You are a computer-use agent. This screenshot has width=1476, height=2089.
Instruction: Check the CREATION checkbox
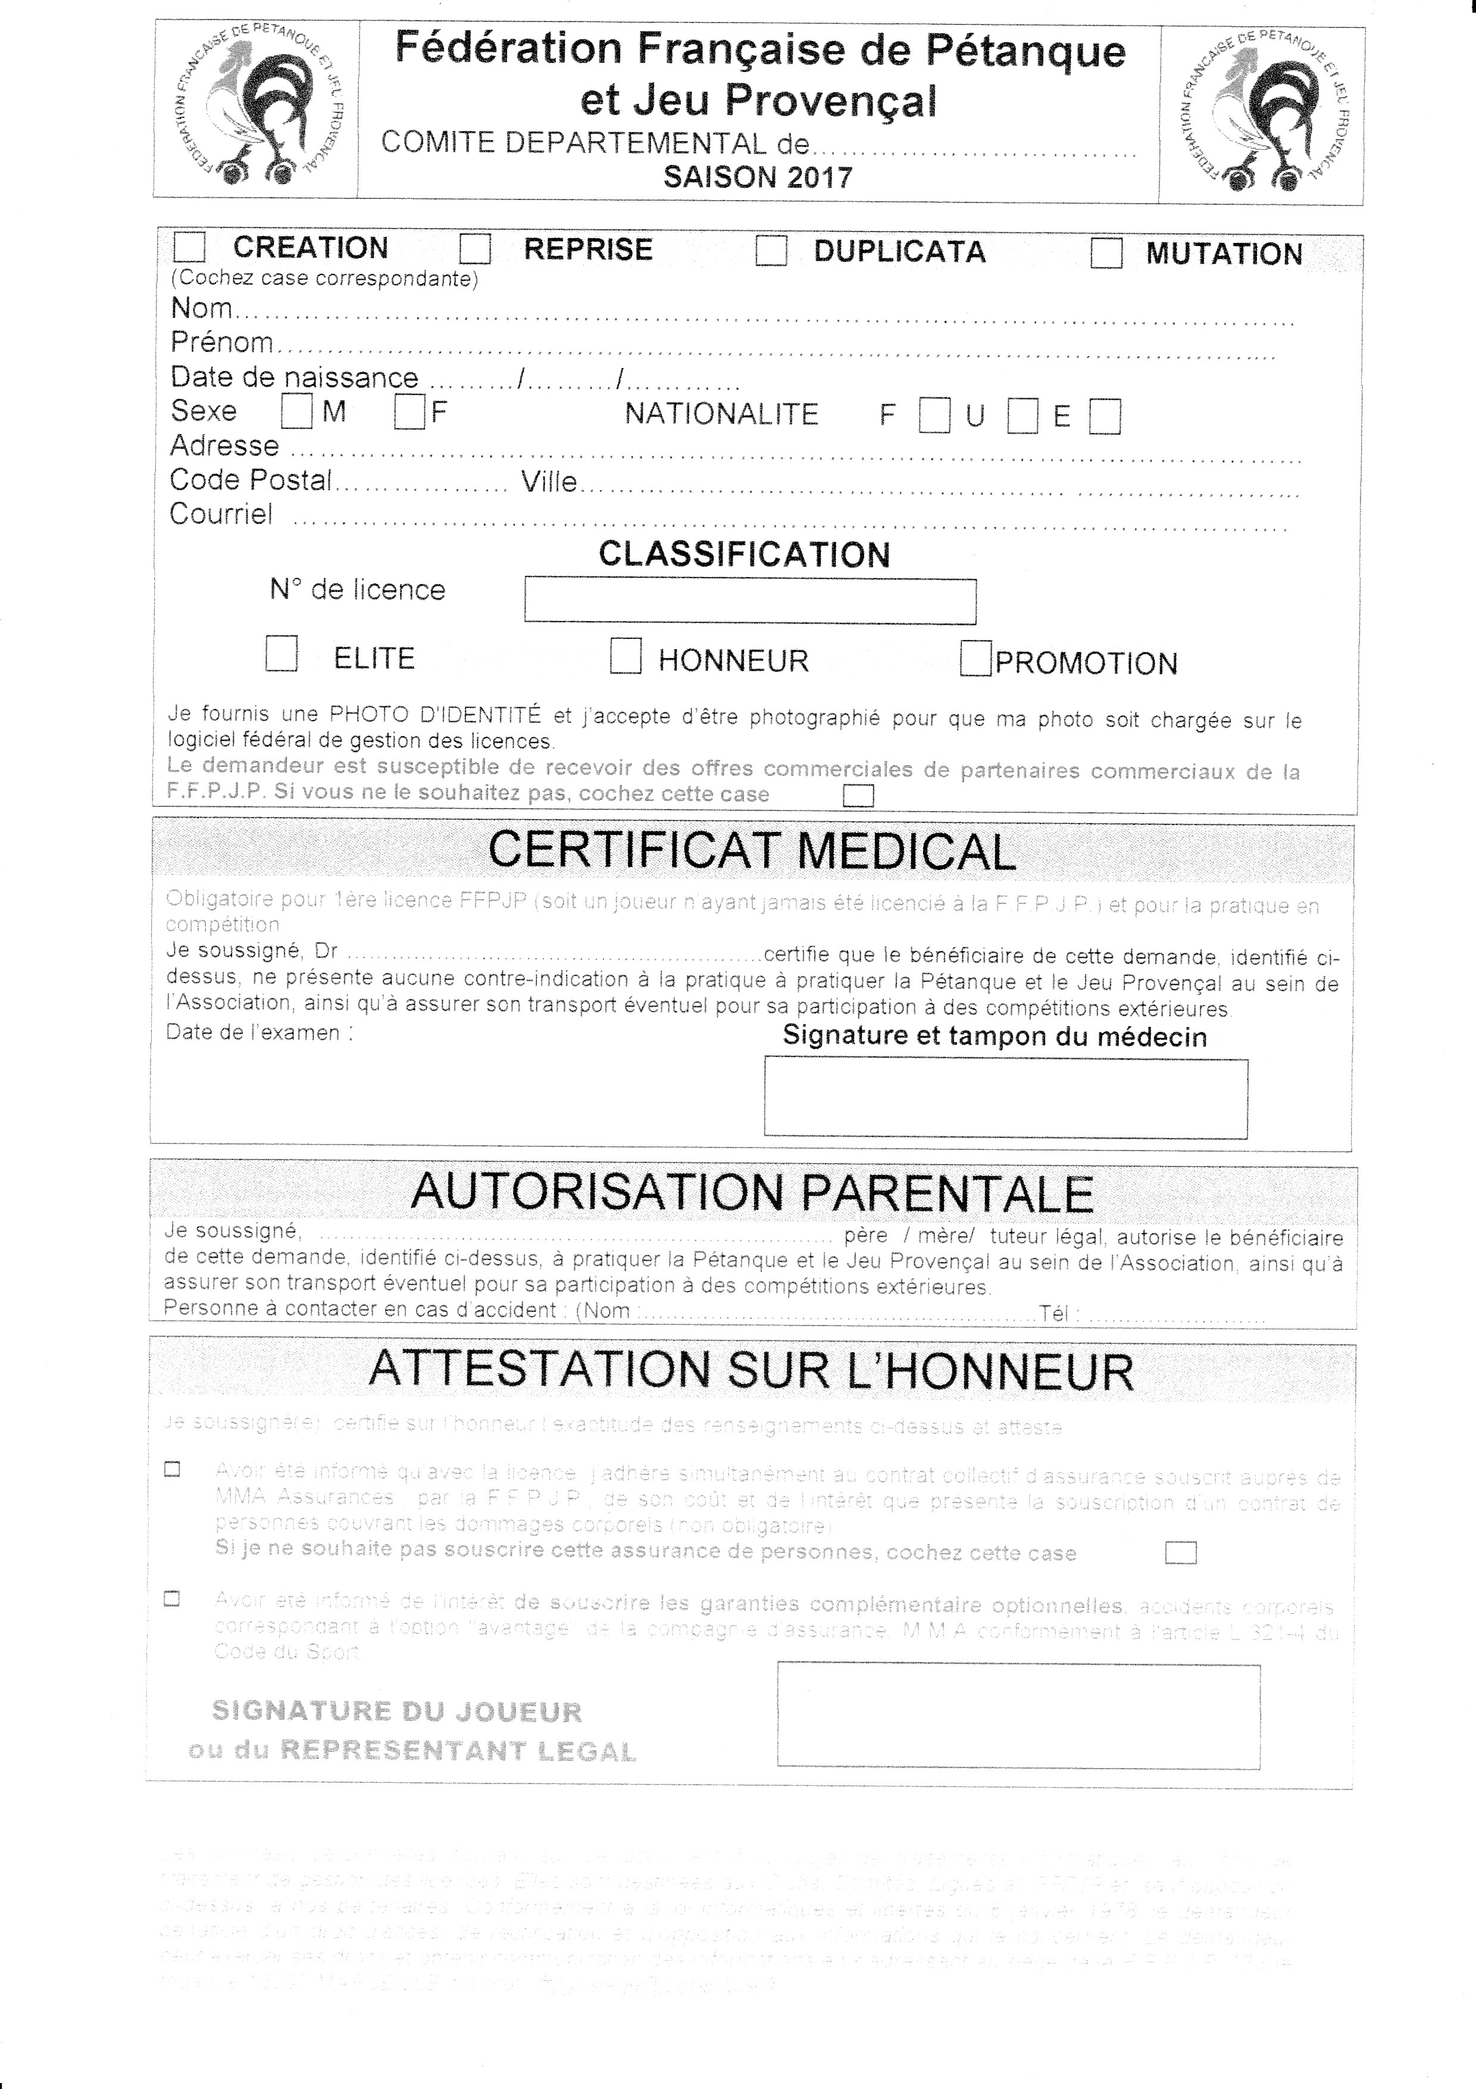point(189,248)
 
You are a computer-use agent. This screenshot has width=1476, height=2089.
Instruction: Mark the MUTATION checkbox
point(1106,253)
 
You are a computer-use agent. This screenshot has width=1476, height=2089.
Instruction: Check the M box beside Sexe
point(296,412)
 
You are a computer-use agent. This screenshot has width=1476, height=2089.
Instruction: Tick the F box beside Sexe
point(409,413)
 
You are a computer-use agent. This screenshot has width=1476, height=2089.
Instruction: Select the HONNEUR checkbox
point(626,656)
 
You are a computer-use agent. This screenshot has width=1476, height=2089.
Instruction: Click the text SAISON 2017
point(758,176)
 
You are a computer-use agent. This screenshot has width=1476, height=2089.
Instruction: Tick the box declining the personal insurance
point(1180,1553)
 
